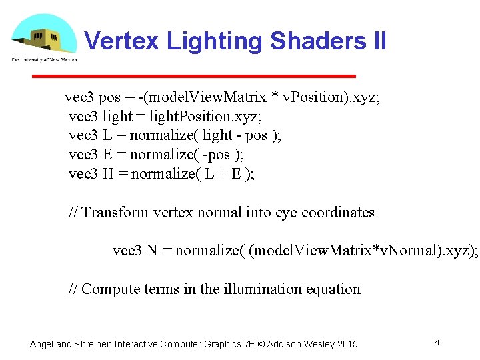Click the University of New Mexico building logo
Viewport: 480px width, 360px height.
click(43, 37)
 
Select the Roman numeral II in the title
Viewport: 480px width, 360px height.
click(375, 41)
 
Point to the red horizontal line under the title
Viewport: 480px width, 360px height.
click(194, 76)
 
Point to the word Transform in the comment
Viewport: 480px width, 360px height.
click(115, 213)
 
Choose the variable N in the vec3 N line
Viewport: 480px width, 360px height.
click(152, 251)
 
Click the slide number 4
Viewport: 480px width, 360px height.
click(437, 342)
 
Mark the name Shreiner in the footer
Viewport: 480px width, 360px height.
click(93, 344)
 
